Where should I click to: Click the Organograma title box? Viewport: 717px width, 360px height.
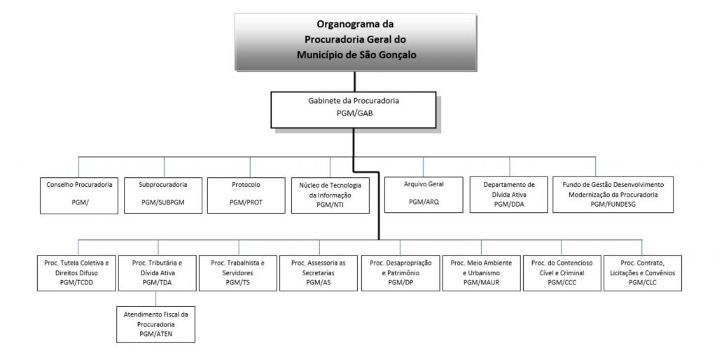[355, 42]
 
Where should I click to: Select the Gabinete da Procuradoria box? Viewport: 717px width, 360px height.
[354, 110]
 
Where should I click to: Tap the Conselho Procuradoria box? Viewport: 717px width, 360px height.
[79, 195]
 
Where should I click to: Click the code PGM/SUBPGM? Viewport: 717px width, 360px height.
[163, 202]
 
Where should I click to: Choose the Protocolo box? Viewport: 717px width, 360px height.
[246, 195]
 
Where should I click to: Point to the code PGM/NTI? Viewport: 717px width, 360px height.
[330, 205]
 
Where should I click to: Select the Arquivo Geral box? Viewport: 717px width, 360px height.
[424, 195]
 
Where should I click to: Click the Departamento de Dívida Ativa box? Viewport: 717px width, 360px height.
[509, 195]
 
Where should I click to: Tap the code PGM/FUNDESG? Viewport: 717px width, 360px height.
[613, 205]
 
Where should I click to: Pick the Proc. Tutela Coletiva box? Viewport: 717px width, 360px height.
[76, 273]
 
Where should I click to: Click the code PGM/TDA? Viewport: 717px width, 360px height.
[157, 283]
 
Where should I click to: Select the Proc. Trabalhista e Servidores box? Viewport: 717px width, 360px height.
[238, 273]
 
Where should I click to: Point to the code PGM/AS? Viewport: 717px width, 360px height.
[319, 283]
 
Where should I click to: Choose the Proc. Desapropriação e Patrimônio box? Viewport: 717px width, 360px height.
[401, 273]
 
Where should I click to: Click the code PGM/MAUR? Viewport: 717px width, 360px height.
[481, 283]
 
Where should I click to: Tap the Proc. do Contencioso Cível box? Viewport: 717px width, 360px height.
[562, 273]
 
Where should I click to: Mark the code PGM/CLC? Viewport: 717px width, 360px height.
[643, 283]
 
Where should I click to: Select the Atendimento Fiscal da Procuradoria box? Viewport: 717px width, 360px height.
[156, 324]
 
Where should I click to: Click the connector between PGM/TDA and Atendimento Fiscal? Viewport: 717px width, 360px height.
[156, 298]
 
